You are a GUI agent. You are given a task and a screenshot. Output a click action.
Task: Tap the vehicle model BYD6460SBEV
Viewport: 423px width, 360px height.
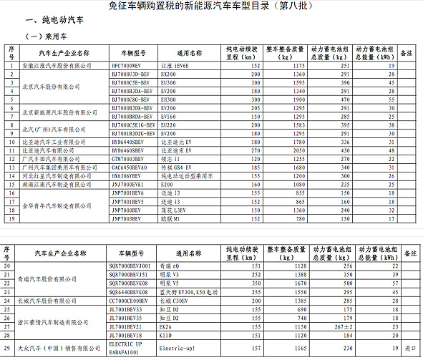pos(129,150)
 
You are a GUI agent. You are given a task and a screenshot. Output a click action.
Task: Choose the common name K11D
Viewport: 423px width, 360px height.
pos(167,334)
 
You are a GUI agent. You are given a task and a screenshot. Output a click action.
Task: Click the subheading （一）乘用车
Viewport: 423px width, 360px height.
pos(45,37)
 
